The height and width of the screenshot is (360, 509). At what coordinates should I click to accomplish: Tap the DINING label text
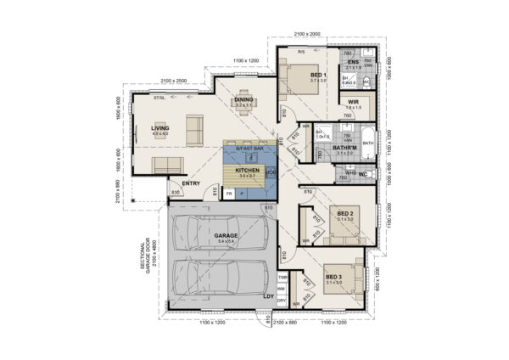click(x=244, y=99)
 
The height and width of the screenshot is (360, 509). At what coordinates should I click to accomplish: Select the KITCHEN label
click(x=247, y=170)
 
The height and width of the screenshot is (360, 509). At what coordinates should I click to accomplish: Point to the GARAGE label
click(x=225, y=235)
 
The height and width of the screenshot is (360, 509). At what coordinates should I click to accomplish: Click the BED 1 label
click(x=318, y=76)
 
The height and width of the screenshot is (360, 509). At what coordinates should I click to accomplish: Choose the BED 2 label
click(x=344, y=212)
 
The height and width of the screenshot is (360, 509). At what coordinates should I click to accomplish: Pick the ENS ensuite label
click(x=353, y=61)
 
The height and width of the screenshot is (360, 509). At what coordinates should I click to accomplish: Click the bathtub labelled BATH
click(x=368, y=144)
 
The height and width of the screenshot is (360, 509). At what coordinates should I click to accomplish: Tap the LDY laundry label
click(x=269, y=296)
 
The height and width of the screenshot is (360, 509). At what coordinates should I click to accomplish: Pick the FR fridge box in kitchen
click(x=229, y=194)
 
